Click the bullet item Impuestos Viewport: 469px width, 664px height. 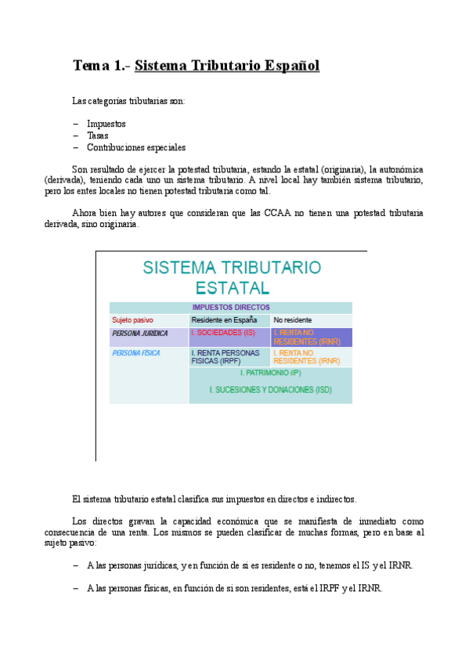pos(106,124)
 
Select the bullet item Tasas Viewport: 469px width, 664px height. pos(98,135)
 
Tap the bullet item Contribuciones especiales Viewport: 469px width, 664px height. pos(136,147)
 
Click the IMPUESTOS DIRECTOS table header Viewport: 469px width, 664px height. pos(231,308)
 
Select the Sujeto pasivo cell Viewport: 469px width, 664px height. pos(132,320)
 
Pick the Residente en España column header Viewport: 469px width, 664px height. pos(224,320)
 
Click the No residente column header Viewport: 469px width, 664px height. pos(293,320)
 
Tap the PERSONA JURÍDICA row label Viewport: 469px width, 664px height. pos(140,334)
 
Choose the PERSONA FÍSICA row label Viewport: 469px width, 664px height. pos(136,353)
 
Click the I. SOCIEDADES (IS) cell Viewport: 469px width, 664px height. pos(224,333)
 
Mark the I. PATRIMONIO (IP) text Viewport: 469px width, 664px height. pos(270,373)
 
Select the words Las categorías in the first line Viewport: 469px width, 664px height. pos(102,101)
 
